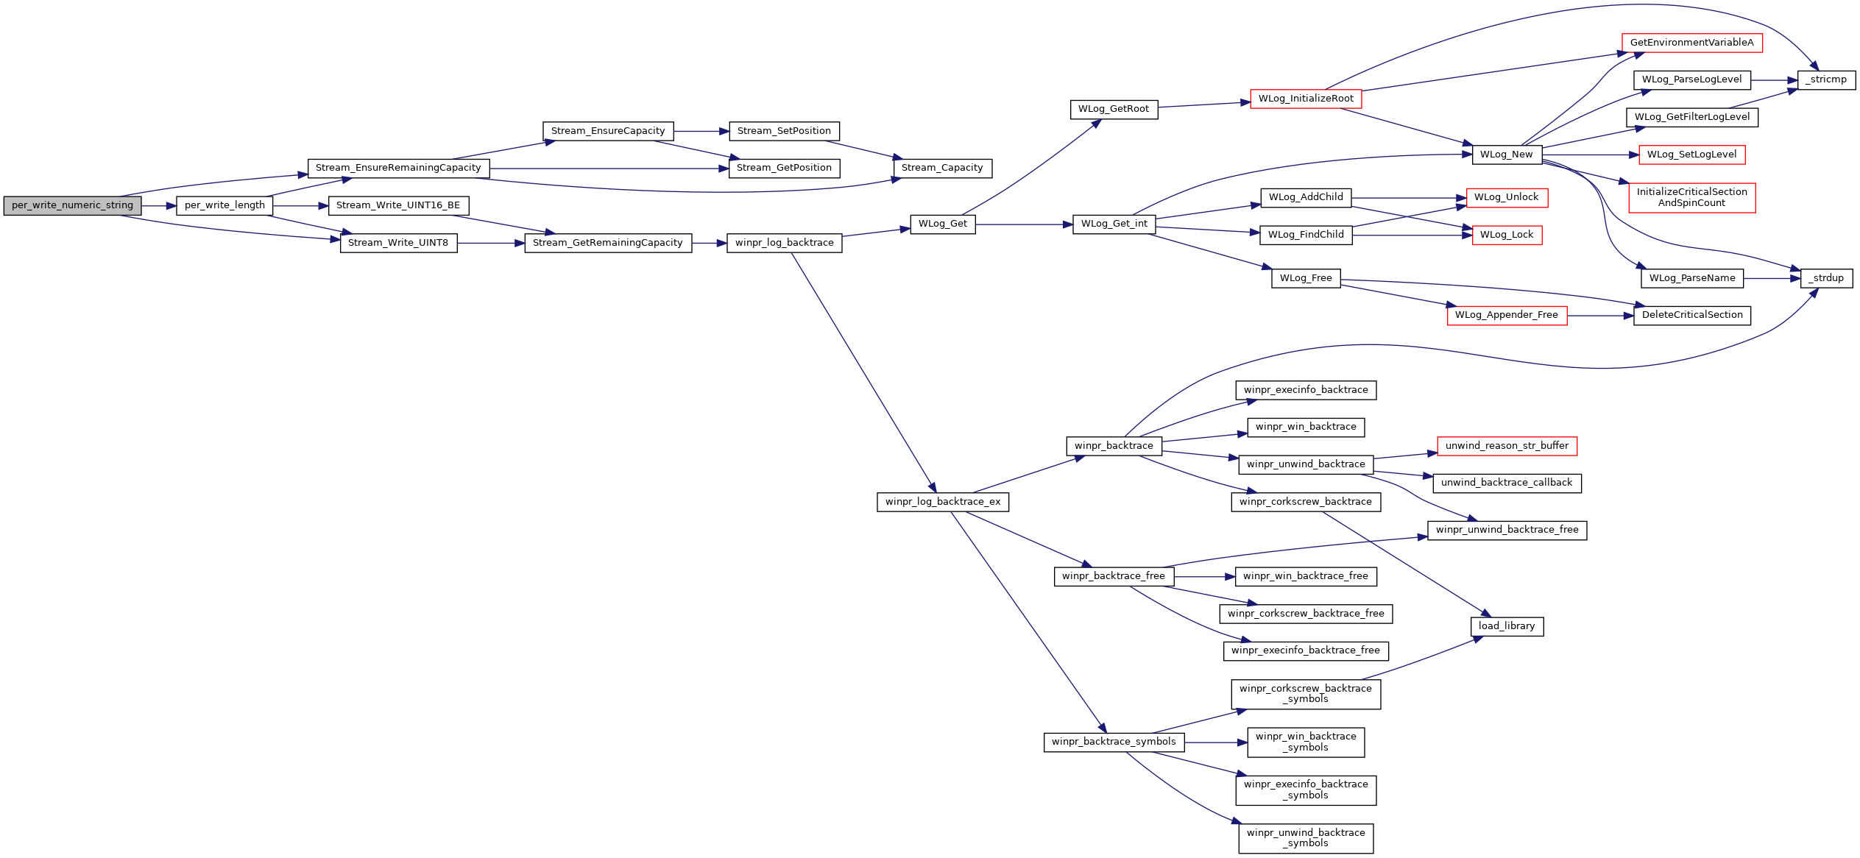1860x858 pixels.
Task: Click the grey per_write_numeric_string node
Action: coord(72,206)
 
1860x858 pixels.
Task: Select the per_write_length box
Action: coord(224,206)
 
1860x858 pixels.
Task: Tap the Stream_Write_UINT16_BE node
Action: coord(398,206)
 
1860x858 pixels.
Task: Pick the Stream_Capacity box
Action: coord(942,169)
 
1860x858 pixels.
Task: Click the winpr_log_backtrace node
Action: coord(784,244)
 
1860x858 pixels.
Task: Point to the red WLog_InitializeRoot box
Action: coord(1306,99)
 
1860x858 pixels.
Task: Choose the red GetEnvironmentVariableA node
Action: coord(1691,43)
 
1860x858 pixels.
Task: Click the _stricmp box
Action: coord(1828,80)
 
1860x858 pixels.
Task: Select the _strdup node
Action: coord(1827,279)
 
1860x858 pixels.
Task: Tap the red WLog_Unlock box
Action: coord(1507,198)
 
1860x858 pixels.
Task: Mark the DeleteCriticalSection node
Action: coord(1692,316)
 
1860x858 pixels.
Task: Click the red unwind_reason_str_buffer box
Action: coord(1507,447)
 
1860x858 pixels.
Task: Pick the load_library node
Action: coord(1507,627)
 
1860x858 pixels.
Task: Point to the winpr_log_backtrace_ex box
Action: coord(943,503)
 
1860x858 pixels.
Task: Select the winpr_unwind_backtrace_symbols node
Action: coord(1306,839)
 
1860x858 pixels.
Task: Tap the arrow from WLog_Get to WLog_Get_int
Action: coord(1024,225)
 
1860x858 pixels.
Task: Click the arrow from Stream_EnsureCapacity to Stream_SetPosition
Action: coord(701,132)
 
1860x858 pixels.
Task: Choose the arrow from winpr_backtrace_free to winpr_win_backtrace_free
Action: coord(1204,578)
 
